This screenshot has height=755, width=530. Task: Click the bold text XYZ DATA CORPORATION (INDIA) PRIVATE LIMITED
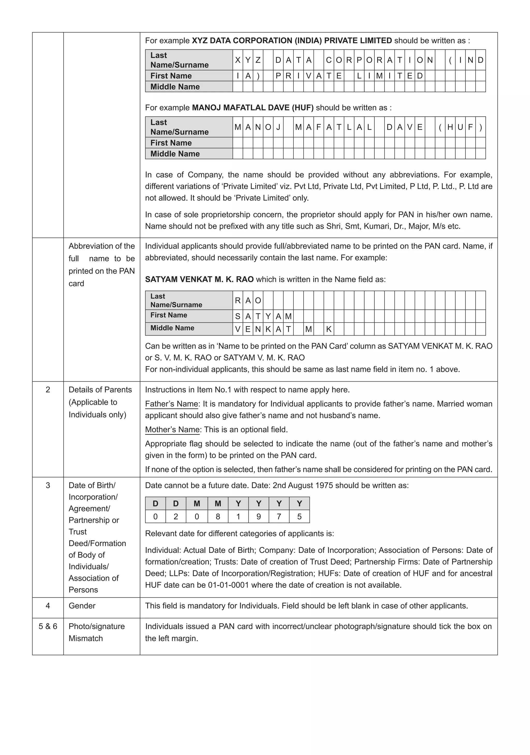coord(292,41)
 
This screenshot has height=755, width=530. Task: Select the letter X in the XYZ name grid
coord(238,60)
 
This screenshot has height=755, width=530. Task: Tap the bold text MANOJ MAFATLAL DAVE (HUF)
coord(253,108)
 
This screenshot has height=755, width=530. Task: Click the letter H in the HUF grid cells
coord(450,127)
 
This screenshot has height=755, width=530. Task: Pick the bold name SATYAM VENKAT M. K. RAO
coord(199,280)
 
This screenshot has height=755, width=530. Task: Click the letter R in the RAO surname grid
coord(238,300)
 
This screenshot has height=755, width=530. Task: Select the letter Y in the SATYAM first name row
coord(268,317)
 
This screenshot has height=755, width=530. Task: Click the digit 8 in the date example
coord(218,517)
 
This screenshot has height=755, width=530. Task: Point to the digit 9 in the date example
coord(259,517)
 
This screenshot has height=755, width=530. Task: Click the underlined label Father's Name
coord(172,404)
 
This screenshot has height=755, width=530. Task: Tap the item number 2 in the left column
coord(48,390)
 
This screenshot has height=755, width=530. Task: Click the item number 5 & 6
coord(48,626)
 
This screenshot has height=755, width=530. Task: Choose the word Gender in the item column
coord(82,606)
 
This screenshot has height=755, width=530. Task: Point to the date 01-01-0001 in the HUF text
coord(228,585)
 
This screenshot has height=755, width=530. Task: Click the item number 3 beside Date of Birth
coord(48,485)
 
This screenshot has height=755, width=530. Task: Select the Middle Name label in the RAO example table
coord(172,328)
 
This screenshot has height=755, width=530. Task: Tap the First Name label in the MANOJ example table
coord(171,143)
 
